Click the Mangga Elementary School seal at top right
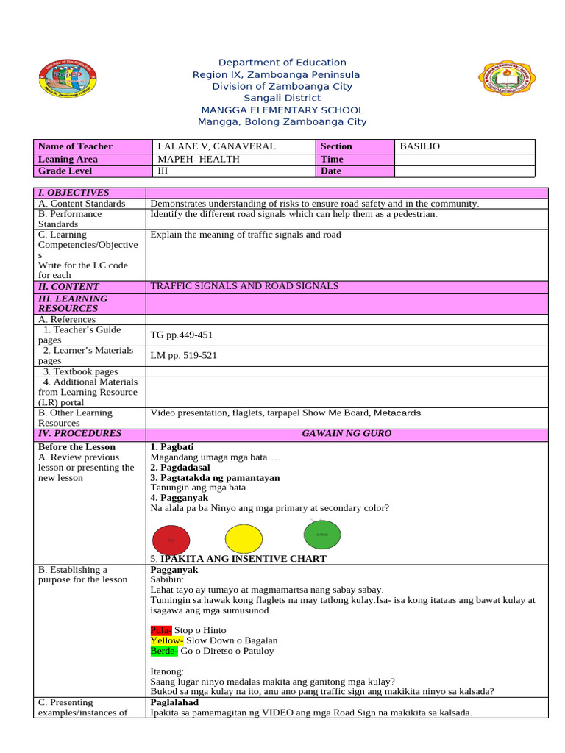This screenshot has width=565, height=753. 507,82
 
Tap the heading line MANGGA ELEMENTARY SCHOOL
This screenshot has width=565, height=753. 282,110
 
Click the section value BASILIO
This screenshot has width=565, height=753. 419,146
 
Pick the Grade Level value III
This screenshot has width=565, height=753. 163,171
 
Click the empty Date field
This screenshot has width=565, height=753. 464,171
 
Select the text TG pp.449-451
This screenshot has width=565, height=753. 182,335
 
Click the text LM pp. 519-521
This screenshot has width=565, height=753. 183,355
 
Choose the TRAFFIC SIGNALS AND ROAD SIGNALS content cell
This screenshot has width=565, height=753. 244,286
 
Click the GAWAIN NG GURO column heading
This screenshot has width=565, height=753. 347,434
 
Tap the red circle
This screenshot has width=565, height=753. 171,539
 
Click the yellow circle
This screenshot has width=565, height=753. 246,538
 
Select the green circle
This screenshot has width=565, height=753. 322,535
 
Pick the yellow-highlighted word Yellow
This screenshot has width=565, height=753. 163,640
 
